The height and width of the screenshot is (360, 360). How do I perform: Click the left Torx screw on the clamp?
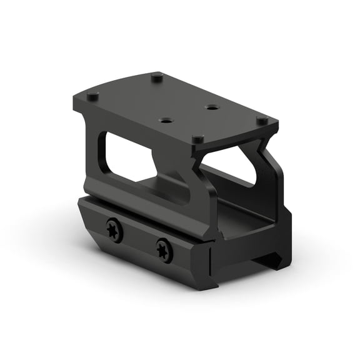(x=114, y=231)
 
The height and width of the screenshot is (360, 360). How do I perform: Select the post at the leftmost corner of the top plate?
(x=92, y=97)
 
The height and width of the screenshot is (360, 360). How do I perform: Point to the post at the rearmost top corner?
(x=157, y=77)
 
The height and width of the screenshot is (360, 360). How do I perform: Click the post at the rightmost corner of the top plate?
(x=262, y=119)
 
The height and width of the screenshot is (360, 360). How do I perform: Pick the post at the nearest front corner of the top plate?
(x=197, y=139)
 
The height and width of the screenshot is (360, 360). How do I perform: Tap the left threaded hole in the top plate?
(x=166, y=119)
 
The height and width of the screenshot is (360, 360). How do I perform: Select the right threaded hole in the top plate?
(x=212, y=107)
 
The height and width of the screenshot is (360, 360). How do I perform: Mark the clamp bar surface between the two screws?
(x=139, y=241)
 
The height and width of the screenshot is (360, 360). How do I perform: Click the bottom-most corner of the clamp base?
(x=206, y=289)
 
